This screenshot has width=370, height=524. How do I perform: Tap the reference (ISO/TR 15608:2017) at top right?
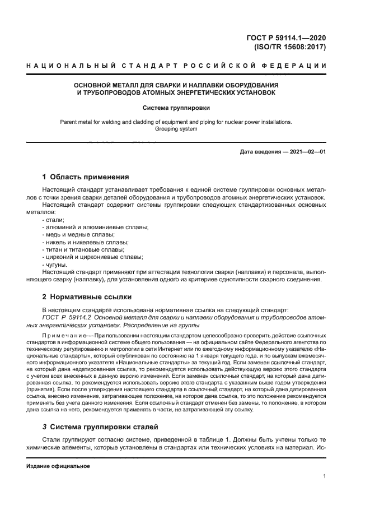[x=290, y=47]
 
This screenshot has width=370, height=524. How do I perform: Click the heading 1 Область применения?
[x=86, y=177]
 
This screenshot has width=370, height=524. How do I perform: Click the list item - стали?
[x=53, y=220]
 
